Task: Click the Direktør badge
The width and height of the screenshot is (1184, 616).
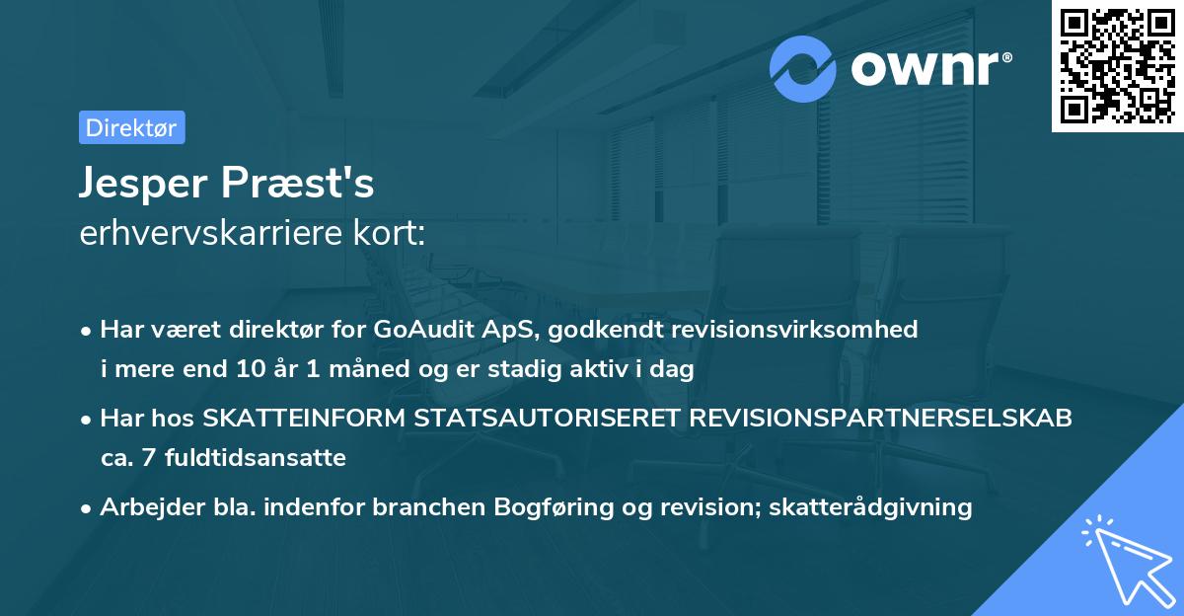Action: tap(131, 127)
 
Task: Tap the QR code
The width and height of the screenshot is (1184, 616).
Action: tap(1117, 66)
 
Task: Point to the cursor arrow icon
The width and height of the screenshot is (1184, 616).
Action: tap(1125, 559)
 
